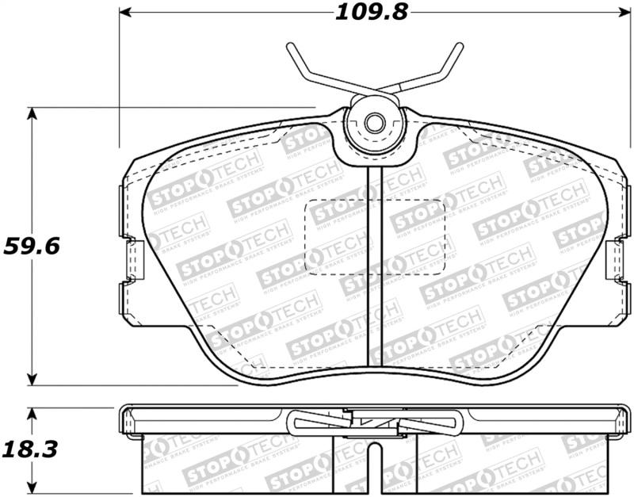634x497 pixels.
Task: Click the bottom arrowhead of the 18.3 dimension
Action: (32, 488)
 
